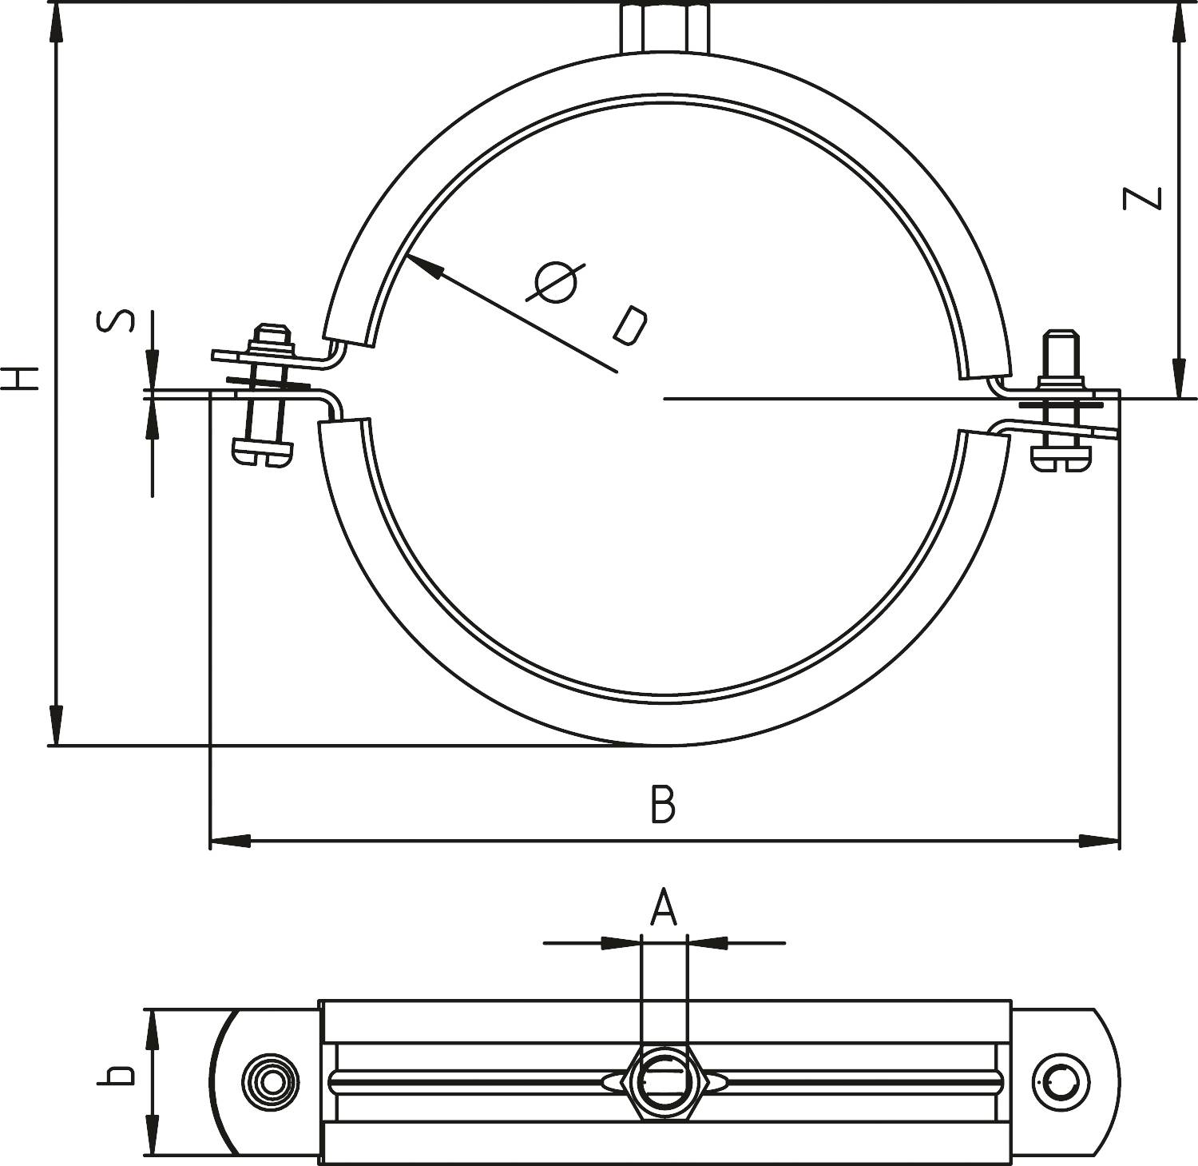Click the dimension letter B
[x=663, y=805]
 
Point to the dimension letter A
[x=663, y=908]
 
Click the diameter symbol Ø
[x=556, y=283]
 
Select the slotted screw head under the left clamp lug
[x=263, y=452]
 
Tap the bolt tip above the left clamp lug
[x=272, y=333]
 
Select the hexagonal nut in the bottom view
[x=664, y=1081]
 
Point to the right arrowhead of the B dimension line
[x=1100, y=841]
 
